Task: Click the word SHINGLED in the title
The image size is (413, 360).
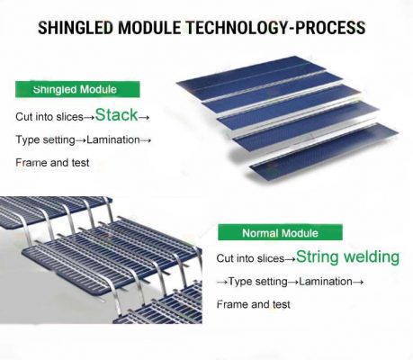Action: (x=76, y=28)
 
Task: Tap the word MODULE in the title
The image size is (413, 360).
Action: (x=149, y=28)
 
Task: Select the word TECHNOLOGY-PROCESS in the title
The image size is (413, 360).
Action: (x=276, y=28)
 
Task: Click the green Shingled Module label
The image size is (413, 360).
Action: (x=77, y=89)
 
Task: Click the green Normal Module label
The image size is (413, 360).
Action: (x=280, y=232)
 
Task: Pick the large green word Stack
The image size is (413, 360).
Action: (x=116, y=115)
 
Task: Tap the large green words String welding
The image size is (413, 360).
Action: (x=347, y=257)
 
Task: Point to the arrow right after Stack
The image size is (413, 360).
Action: (x=144, y=117)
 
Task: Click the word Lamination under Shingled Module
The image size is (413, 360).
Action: (x=113, y=139)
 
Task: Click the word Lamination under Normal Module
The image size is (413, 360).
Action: (x=326, y=282)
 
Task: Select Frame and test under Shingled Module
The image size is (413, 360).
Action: (x=52, y=163)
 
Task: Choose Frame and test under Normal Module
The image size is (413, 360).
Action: (x=254, y=304)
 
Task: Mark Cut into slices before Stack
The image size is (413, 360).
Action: (x=49, y=117)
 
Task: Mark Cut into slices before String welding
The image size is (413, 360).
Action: (x=250, y=258)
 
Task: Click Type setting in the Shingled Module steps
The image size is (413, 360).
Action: (x=45, y=140)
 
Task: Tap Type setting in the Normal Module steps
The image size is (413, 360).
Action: (x=258, y=282)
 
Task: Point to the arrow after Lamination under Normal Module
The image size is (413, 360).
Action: (x=358, y=282)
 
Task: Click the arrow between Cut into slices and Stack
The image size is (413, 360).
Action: (x=89, y=117)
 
